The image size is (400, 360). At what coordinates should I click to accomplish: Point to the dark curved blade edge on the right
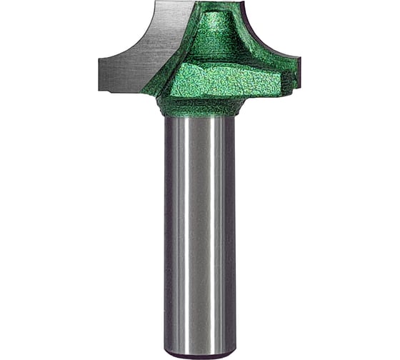pyautogui.click(x=264, y=36)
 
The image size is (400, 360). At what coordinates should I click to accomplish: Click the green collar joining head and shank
pyautogui.click(x=200, y=107)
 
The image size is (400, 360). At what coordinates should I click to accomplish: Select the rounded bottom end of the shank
pyautogui.click(x=200, y=354)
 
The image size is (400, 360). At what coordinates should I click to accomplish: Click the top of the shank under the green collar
pyautogui.click(x=200, y=121)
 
